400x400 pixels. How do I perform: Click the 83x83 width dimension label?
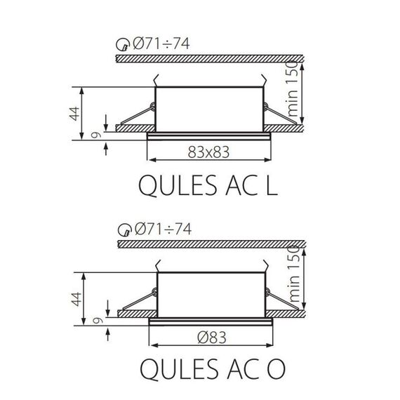pos(210,151)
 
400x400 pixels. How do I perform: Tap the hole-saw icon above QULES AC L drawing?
pos(122,46)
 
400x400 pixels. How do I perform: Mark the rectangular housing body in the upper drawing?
pos(209,109)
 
